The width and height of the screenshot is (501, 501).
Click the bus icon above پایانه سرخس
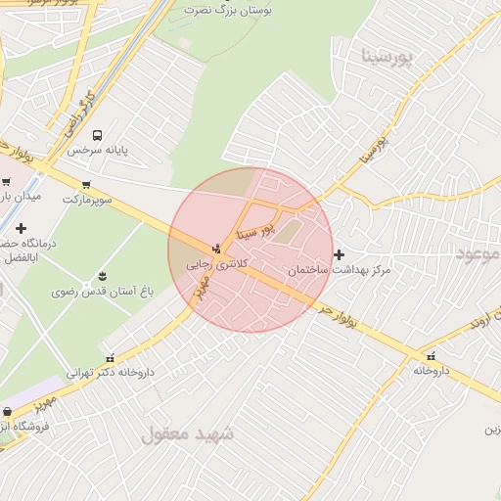tap(97, 135)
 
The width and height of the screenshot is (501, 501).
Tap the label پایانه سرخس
tap(99, 151)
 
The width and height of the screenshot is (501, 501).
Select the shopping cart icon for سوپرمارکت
tap(87, 184)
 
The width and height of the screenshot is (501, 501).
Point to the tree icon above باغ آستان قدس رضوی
tap(102, 275)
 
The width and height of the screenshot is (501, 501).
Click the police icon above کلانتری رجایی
tap(216, 248)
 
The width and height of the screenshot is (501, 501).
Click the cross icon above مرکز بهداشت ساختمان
tap(339, 254)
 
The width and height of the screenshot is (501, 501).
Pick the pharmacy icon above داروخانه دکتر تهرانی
tap(110, 357)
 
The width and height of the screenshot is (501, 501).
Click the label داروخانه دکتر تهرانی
tap(110, 373)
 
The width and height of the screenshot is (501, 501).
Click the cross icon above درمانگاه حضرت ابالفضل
tap(21, 228)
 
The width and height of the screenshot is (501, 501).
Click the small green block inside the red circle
tap(288, 231)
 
